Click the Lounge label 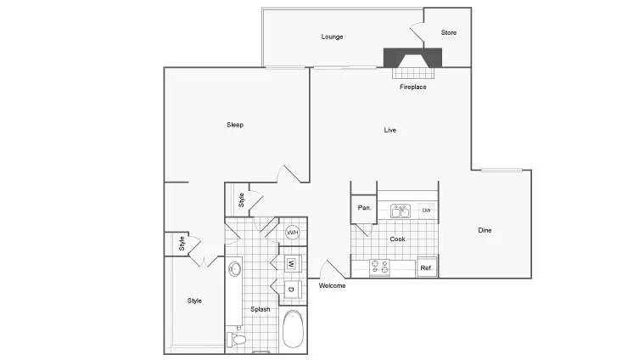pyautogui.click(x=332, y=37)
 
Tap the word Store pyautogui.click(x=449, y=33)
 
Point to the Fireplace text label pyautogui.click(x=412, y=87)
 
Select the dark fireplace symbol pyautogui.click(x=412, y=59)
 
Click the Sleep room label pyautogui.click(x=235, y=125)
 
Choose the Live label pyautogui.click(x=390, y=130)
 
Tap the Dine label pyautogui.click(x=485, y=230)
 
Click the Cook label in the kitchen pyautogui.click(x=397, y=239)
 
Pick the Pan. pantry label pyautogui.click(x=364, y=208)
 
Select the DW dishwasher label pyautogui.click(x=426, y=210)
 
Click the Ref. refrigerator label pyautogui.click(x=427, y=268)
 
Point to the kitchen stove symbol pyautogui.click(x=379, y=267)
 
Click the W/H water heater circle pyautogui.click(x=293, y=232)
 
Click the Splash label pyautogui.click(x=261, y=309)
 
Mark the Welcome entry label pyautogui.click(x=332, y=285)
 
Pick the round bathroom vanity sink pyautogui.click(x=236, y=269)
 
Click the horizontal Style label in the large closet pyautogui.click(x=194, y=301)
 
